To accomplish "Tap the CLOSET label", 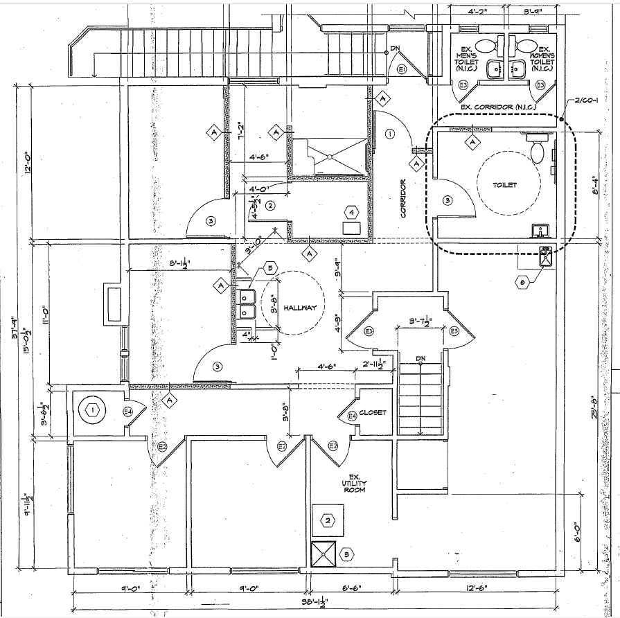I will coord(373,413).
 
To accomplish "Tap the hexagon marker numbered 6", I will coord(523,281).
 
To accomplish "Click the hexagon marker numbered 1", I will coord(91,409).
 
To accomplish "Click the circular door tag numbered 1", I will coord(390,133).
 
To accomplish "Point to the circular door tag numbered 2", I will coord(271,204).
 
